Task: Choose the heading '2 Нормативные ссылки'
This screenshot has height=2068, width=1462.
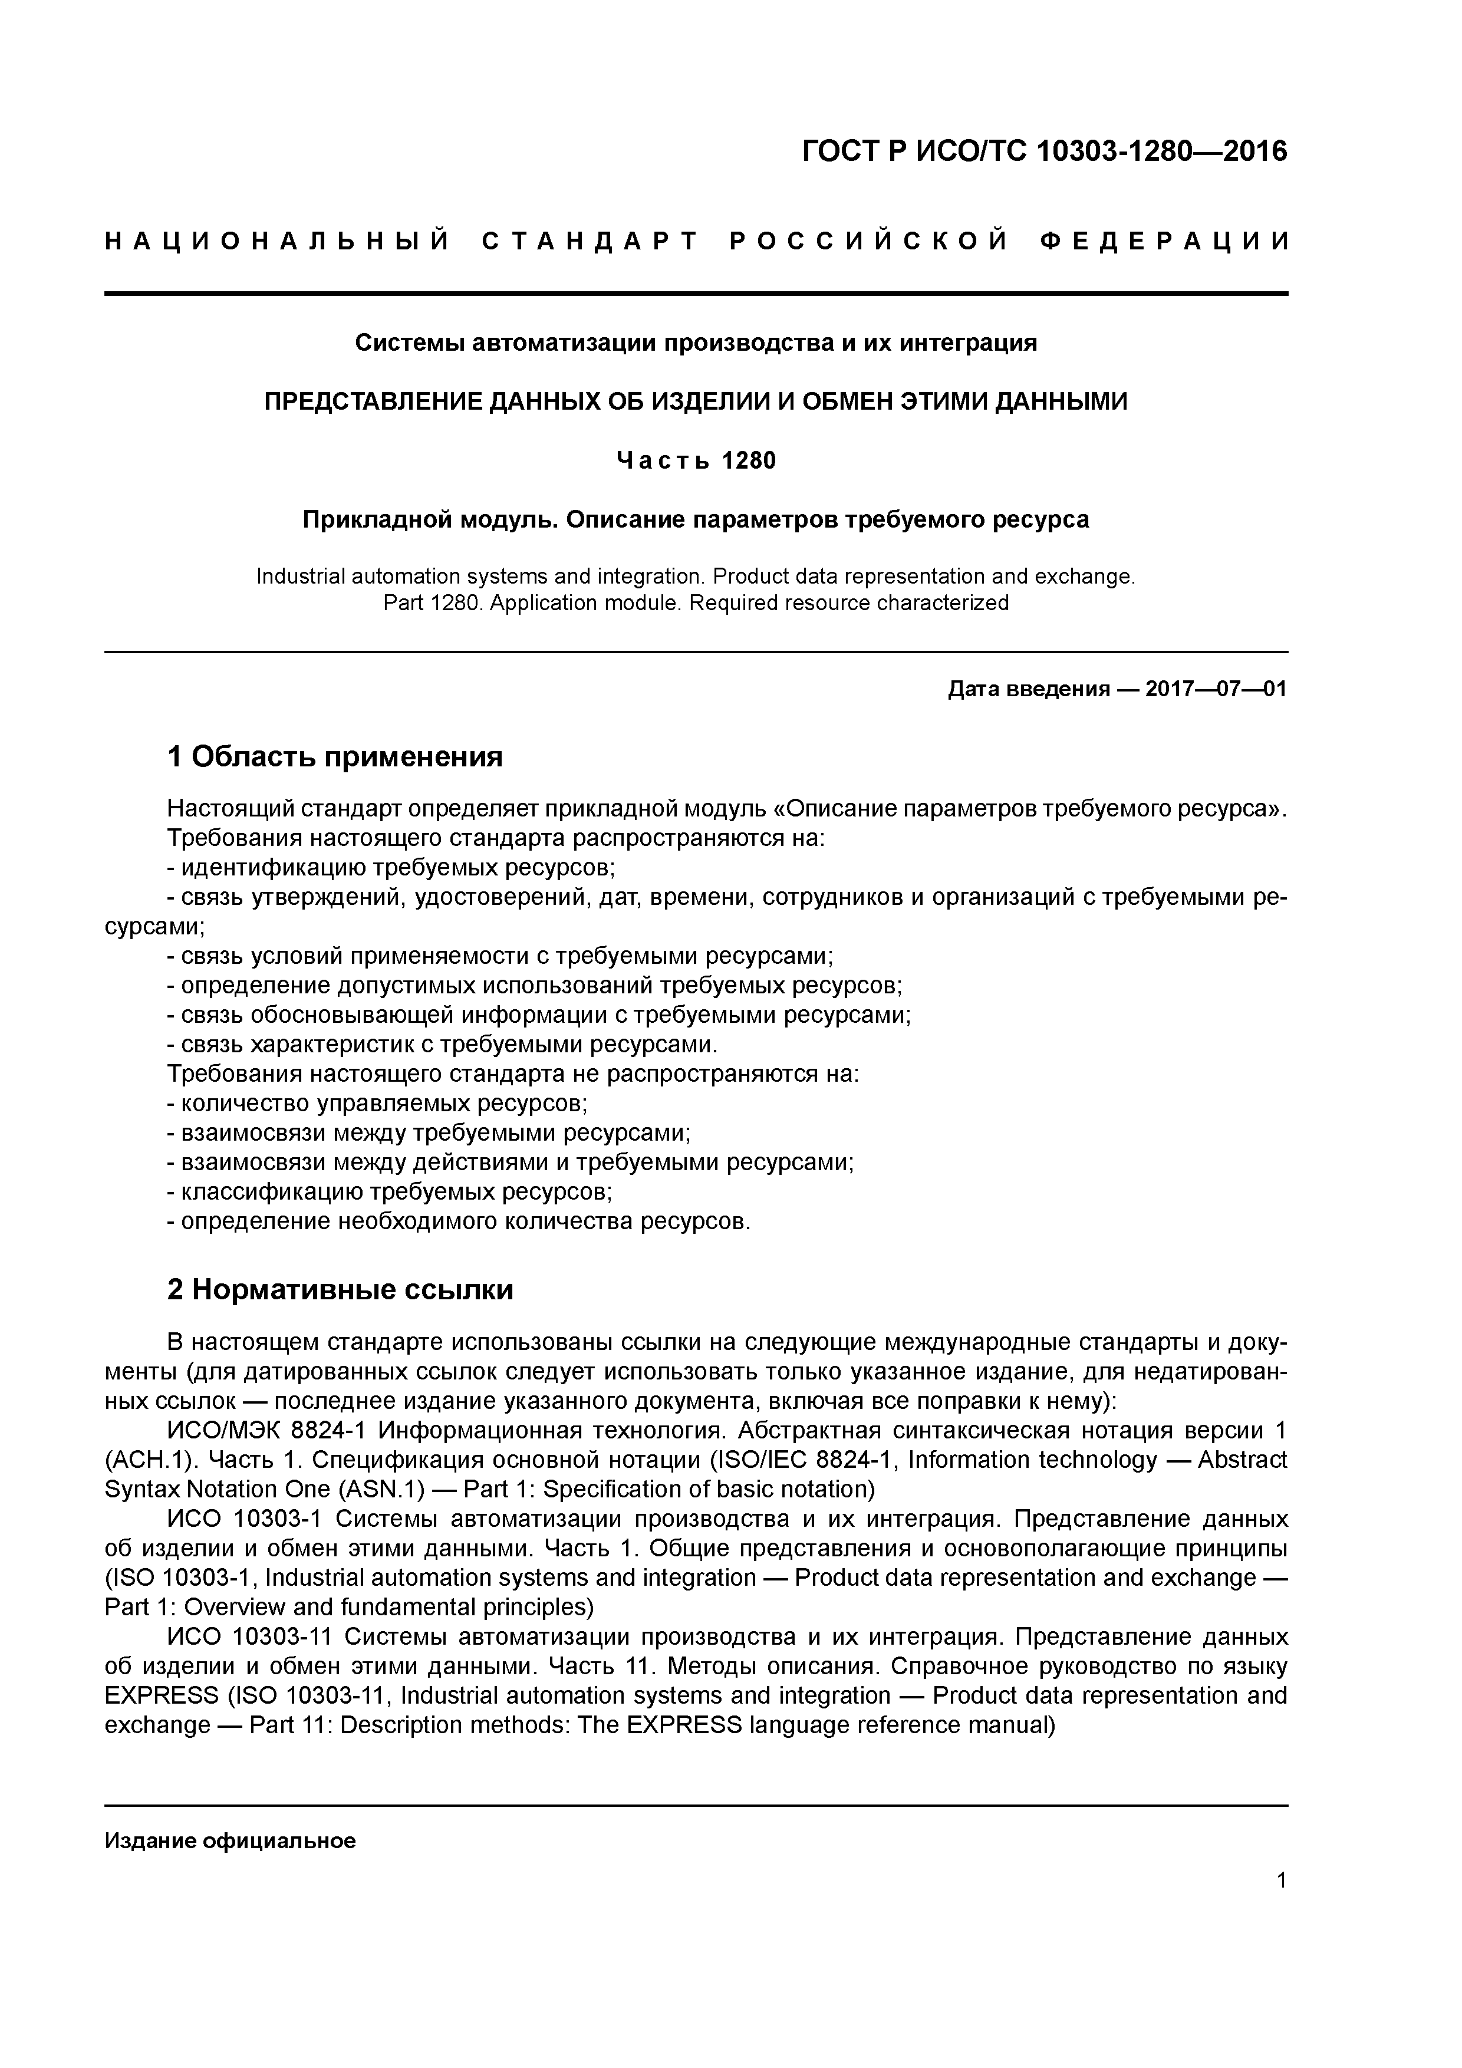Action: pyautogui.click(x=341, y=1290)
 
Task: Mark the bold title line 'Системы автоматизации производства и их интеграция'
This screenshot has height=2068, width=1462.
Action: pyautogui.click(x=696, y=343)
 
